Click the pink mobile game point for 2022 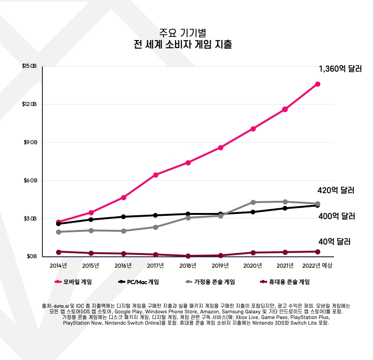tap(317, 84)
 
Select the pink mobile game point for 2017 tap(155, 175)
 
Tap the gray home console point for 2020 tap(253, 202)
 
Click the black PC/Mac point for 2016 tap(123, 217)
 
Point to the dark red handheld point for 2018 tap(188, 256)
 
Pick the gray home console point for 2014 tap(58, 232)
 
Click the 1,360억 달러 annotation tap(340, 69)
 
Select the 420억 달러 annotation tap(336, 191)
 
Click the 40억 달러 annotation tap(334, 242)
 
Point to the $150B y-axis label tap(29, 66)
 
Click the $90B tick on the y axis tap(29, 142)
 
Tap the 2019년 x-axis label tap(220, 266)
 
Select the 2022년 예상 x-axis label tap(317, 266)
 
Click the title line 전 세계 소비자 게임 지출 tap(183, 46)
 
